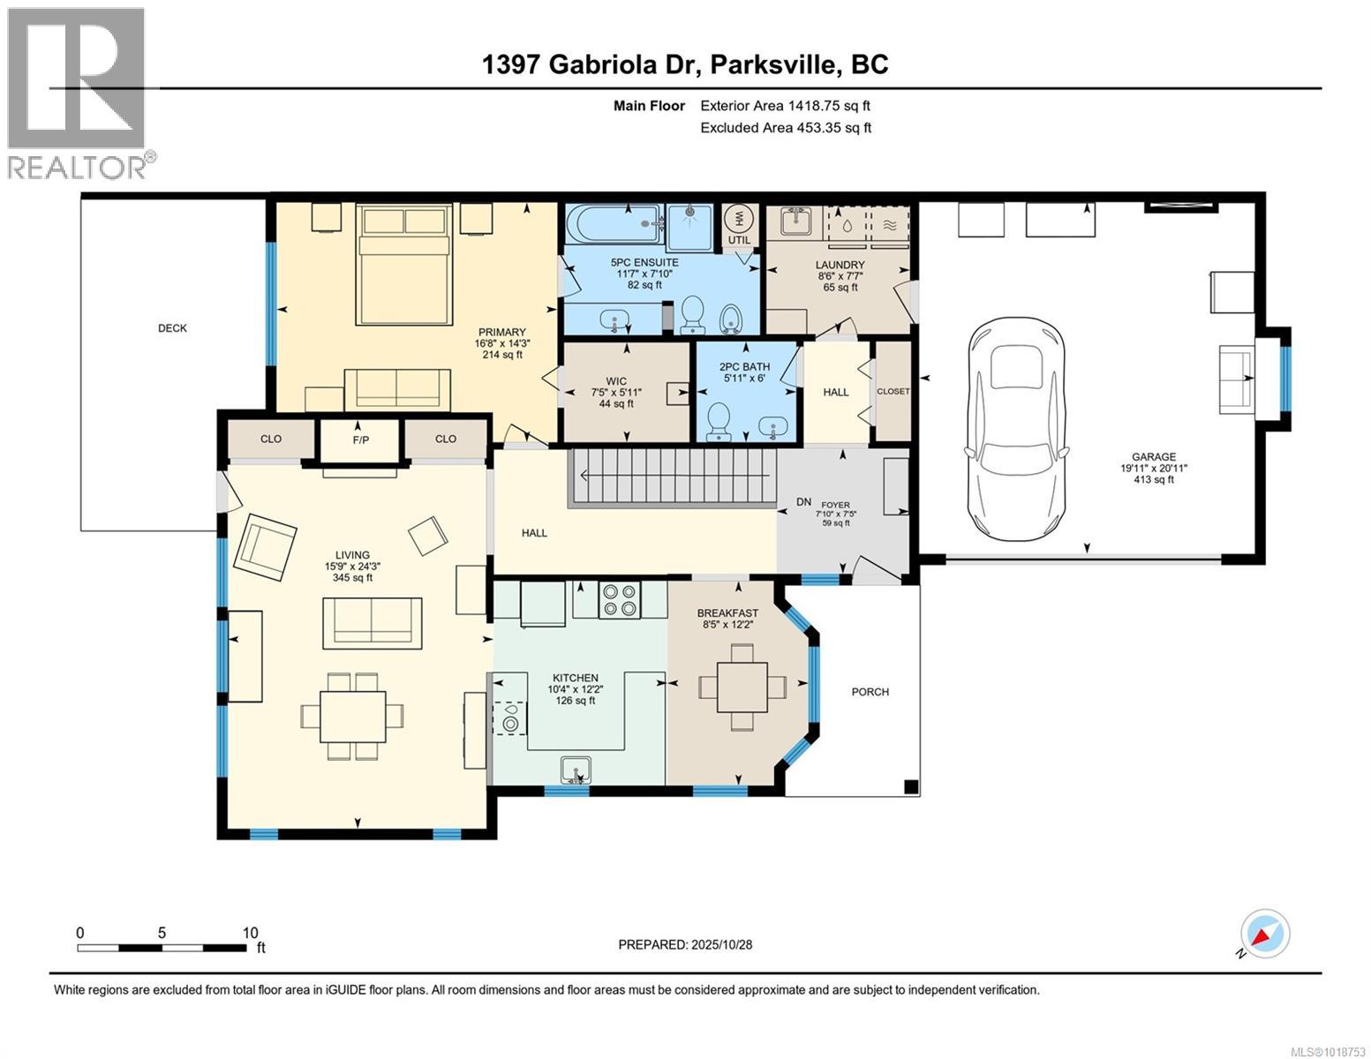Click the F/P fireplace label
point(360,439)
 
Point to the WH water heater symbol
point(738,220)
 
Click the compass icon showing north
point(1264,934)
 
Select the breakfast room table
point(742,687)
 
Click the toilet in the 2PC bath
point(719,421)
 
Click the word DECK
point(172,328)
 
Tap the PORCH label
point(870,692)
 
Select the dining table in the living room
point(352,716)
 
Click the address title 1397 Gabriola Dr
point(684,64)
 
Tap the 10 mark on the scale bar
point(250,933)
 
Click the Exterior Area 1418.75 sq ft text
point(785,106)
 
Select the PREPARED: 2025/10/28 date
point(685,944)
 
